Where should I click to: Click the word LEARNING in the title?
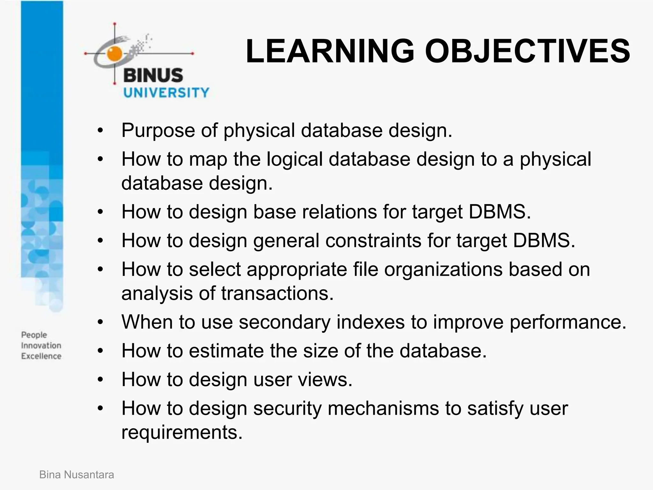coord(330,51)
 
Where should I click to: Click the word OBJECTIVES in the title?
coord(527,51)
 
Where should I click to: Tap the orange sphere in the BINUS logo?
coord(114,53)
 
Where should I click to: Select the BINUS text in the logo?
coord(153,76)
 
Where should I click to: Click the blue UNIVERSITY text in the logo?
coord(166,93)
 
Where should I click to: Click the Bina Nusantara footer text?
coord(77,475)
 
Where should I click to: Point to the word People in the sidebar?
coord(34,335)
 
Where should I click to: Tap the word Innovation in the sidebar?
coord(41,345)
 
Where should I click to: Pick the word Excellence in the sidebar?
coord(41,356)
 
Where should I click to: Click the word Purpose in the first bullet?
coord(158,130)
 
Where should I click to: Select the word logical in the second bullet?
coord(294,159)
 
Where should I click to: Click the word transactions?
coord(277,293)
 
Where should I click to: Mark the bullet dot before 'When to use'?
coord(100,322)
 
